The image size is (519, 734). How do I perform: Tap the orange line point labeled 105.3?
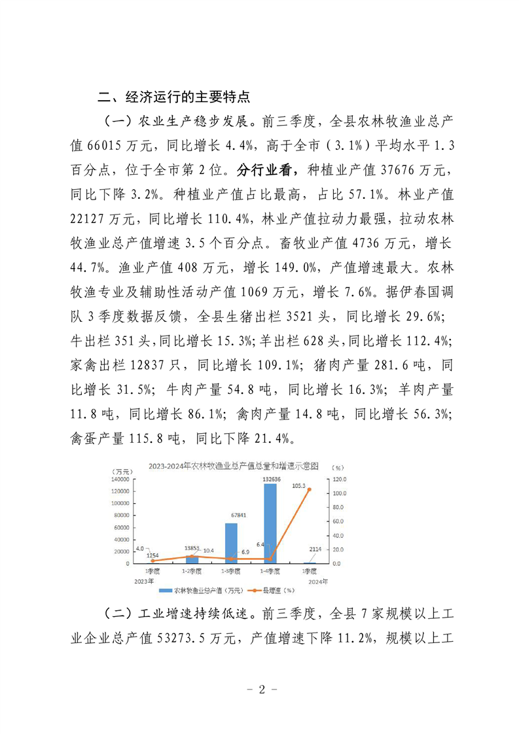coord(309,489)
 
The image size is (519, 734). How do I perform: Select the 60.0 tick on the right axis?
coord(337,521)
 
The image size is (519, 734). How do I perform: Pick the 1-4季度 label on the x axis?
coord(270,571)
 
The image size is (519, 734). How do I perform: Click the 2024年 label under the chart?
coord(317,580)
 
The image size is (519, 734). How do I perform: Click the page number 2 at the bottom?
coord(260,690)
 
